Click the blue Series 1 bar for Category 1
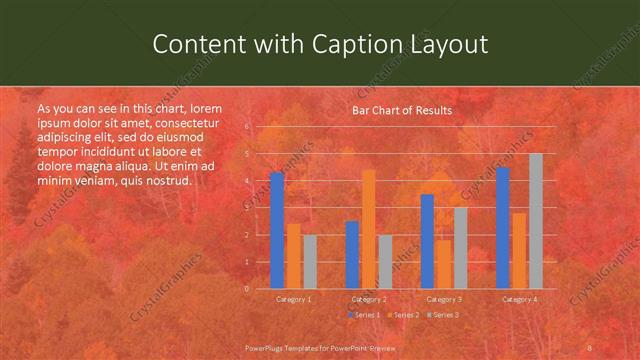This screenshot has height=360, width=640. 277,230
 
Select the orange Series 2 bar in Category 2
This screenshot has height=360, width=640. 369,229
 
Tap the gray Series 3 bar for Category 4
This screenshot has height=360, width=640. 536,221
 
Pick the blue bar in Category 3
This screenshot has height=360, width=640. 427,241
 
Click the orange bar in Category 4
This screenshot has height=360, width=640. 519,250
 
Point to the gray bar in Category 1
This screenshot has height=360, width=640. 310,262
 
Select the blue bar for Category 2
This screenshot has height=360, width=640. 352,255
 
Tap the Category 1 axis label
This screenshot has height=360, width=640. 294,299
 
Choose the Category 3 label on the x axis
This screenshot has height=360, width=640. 444,299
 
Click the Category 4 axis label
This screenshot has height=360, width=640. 519,299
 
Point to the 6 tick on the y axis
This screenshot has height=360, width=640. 247,127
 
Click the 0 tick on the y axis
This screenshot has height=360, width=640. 247,288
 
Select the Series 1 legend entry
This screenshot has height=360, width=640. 364,315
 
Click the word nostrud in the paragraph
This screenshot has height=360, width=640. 167,181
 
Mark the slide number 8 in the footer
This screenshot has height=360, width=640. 590,348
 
